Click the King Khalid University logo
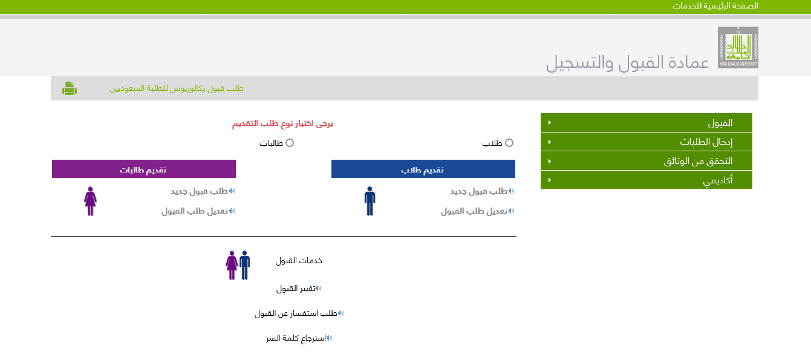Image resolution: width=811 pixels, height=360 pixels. click(x=738, y=47)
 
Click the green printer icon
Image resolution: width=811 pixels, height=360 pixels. click(x=70, y=88)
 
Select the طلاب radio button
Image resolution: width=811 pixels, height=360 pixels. click(x=509, y=143)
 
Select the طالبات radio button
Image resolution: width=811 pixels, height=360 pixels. click(x=290, y=143)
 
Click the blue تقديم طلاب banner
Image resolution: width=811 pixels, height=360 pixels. click(x=423, y=169)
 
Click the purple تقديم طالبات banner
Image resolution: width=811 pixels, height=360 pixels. click(x=144, y=169)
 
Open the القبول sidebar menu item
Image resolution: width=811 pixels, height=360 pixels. click(x=647, y=122)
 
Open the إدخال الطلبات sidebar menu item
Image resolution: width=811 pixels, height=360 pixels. click(x=647, y=142)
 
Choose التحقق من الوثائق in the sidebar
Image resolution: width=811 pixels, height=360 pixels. click(x=647, y=161)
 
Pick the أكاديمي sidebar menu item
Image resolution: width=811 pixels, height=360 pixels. click(x=647, y=180)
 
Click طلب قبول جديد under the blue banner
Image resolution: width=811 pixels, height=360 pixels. click(x=478, y=191)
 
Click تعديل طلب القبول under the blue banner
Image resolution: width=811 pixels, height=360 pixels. click(x=474, y=211)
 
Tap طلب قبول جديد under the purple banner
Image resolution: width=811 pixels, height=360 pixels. click(x=199, y=191)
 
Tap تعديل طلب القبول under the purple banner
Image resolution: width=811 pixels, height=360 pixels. click(x=195, y=211)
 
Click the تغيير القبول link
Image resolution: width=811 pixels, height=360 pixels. click(x=296, y=289)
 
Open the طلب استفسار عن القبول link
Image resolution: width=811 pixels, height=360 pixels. click(x=296, y=313)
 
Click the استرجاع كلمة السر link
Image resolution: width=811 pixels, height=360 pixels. click(x=296, y=338)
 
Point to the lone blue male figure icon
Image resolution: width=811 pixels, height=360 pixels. click(x=370, y=201)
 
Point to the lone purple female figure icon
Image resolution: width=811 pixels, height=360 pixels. click(x=91, y=201)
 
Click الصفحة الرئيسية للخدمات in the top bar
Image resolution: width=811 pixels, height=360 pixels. click(x=715, y=6)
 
